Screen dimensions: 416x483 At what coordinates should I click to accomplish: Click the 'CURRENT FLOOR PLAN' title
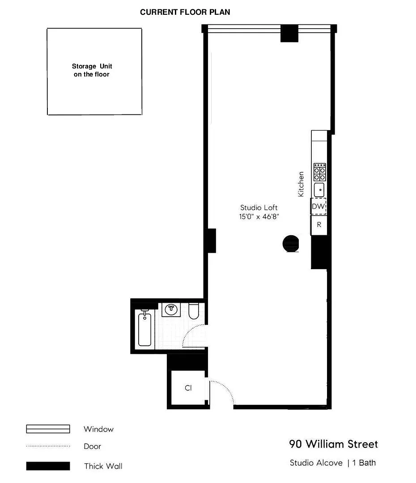pyautogui.click(x=185, y=12)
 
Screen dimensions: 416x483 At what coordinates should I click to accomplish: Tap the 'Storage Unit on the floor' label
pyautogui.click(x=92, y=70)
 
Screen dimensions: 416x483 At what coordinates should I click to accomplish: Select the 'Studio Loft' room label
pyautogui.click(x=259, y=208)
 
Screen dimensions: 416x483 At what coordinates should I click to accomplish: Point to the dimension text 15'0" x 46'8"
pyautogui.click(x=259, y=216)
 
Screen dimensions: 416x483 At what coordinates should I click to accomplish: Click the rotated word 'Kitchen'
pyautogui.click(x=301, y=184)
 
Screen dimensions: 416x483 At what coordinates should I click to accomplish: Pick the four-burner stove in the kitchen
pyautogui.click(x=319, y=172)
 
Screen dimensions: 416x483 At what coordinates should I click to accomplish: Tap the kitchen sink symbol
pyautogui.click(x=319, y=190)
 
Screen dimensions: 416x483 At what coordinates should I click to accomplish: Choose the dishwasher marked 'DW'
pyautogui.click(x=318, y=206)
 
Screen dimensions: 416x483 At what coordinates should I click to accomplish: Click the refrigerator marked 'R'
pyautogui.click(x=319, y=225)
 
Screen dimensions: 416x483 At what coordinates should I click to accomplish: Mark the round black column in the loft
pyautogui.click(x=291, y=244)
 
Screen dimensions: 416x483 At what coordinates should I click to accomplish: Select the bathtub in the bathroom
pyautogui.click(x=144, y=328)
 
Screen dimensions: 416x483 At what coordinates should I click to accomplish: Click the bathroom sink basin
pyautogui.click(x=171, y=310)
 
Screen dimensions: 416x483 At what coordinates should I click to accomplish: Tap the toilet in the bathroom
pyautogui.click(x=194, y=311)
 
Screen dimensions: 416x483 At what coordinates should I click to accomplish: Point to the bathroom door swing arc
pyautogui.click(x=189, y=331)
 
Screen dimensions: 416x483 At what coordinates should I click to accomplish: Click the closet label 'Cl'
pyautogui.click(x=188, y=388)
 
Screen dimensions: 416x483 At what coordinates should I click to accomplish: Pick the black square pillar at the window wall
pyautogui.click(x=289, y=33)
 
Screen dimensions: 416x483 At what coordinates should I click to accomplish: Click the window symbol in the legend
pyautogui.click(x=48, y=429)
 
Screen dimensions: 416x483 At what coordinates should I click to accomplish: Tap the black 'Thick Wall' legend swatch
pyautogui.click(x=48, y=466)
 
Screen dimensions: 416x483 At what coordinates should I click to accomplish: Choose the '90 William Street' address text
pyautogui.click(x=333, y=444)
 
